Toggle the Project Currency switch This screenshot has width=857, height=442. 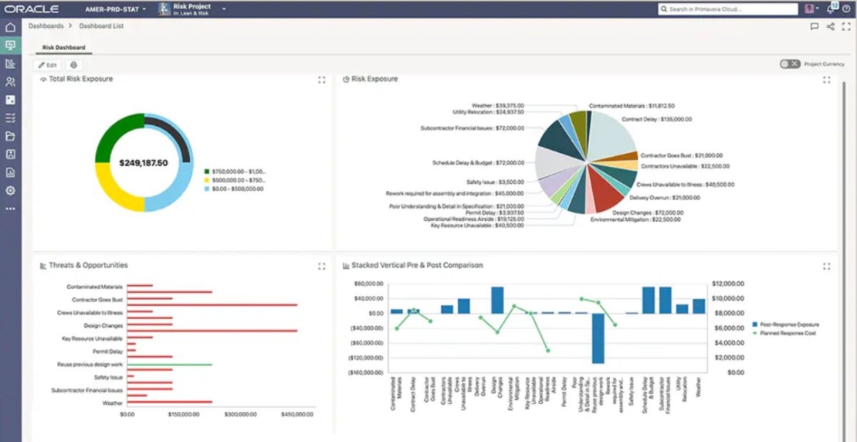click(789, 64)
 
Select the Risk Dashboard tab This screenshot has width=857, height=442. click(63, 48)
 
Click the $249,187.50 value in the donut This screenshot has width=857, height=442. click(144, 163)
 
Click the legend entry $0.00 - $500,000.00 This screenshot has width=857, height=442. click(235, 189)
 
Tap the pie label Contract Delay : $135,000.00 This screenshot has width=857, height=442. click(656, 120)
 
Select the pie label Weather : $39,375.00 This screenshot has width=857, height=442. click(498, 105)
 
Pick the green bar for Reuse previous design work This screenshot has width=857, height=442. click(169, 364)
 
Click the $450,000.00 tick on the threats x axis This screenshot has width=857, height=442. click(296, 414)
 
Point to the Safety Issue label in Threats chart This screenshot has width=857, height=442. click(108, 377)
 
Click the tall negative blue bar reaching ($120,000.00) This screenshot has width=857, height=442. click(598, 338)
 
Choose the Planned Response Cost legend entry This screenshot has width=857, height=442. click(788, 333)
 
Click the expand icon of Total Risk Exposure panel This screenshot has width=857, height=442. click(322, 80)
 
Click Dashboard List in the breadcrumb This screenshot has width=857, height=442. click(101, 26)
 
